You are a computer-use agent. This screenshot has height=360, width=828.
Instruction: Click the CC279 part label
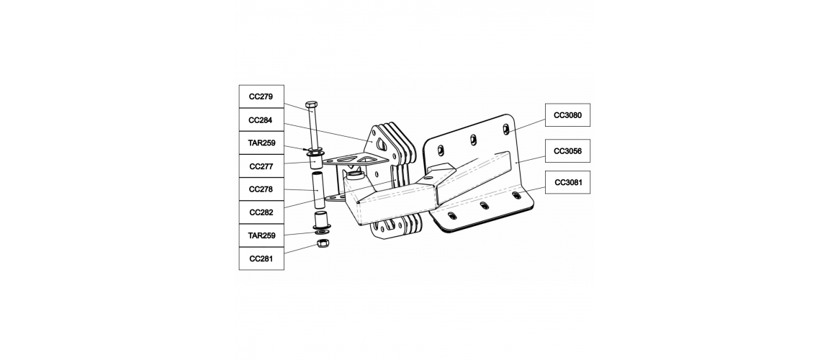click(x=261, y=96)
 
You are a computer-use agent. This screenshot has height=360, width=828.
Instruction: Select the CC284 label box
click(x=261, y=120)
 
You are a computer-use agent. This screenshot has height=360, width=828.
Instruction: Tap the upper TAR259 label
click(x=261, y=143)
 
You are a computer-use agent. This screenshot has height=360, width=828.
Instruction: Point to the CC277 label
click(x=261, y=166)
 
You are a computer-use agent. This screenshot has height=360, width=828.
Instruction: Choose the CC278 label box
click(x=261, y=189)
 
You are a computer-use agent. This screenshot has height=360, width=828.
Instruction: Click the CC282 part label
click(x=261, y=212)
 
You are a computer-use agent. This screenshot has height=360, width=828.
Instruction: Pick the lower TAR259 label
click(x=261, y=235)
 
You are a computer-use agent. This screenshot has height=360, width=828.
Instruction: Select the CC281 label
click(x=261, y=258)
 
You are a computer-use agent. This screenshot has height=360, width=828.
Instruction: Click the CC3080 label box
click(x=567, y=115)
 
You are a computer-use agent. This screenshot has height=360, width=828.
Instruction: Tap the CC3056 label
click(x=567, y=151)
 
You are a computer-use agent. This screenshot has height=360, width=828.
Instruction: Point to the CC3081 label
click(x=567, y=182)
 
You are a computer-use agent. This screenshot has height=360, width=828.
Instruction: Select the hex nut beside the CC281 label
click(x=320, y=244)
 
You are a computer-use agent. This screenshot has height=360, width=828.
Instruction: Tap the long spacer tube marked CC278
click(x=318, y=189)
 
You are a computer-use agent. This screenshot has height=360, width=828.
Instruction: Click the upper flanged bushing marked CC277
click(x=316, y=157)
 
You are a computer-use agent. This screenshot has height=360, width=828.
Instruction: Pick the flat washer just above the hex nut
click(x=320, y=233)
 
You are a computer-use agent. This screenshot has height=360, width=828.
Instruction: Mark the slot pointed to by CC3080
click(x=506, y=129)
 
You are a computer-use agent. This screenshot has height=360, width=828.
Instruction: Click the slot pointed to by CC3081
click(x=516, y=195)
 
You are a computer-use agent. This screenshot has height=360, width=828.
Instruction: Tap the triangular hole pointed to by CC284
click(x=382, y=141)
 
